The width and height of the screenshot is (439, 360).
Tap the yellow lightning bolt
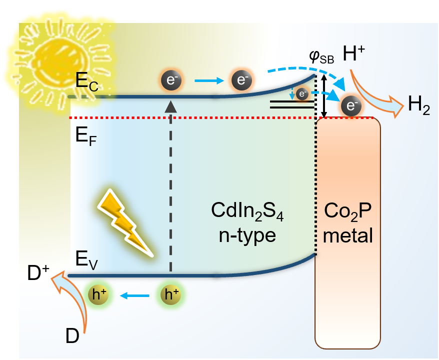coord(124,222)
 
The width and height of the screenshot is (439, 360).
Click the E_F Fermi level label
coord(86,137)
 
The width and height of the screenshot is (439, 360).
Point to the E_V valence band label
coord(86,260)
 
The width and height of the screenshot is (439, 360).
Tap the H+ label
coord(354,53)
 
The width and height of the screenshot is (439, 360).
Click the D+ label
coord(38,272)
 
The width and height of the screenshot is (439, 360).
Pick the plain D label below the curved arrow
coord(72,335)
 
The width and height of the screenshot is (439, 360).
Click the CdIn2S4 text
coord(247,211)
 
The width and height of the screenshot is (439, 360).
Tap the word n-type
coord(247,235)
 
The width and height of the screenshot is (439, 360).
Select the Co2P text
coord(347,211)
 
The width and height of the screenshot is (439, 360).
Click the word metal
coord(347,235)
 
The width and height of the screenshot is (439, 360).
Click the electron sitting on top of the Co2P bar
coord(351,106)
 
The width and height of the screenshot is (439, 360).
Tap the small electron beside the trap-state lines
coord(302,94)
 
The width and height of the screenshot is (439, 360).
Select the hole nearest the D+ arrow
coord(98,295)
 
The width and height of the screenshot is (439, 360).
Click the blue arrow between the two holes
coord(134,295)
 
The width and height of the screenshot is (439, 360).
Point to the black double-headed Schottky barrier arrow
coord(324,96)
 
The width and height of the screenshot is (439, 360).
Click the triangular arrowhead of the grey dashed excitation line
coord(171,106)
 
